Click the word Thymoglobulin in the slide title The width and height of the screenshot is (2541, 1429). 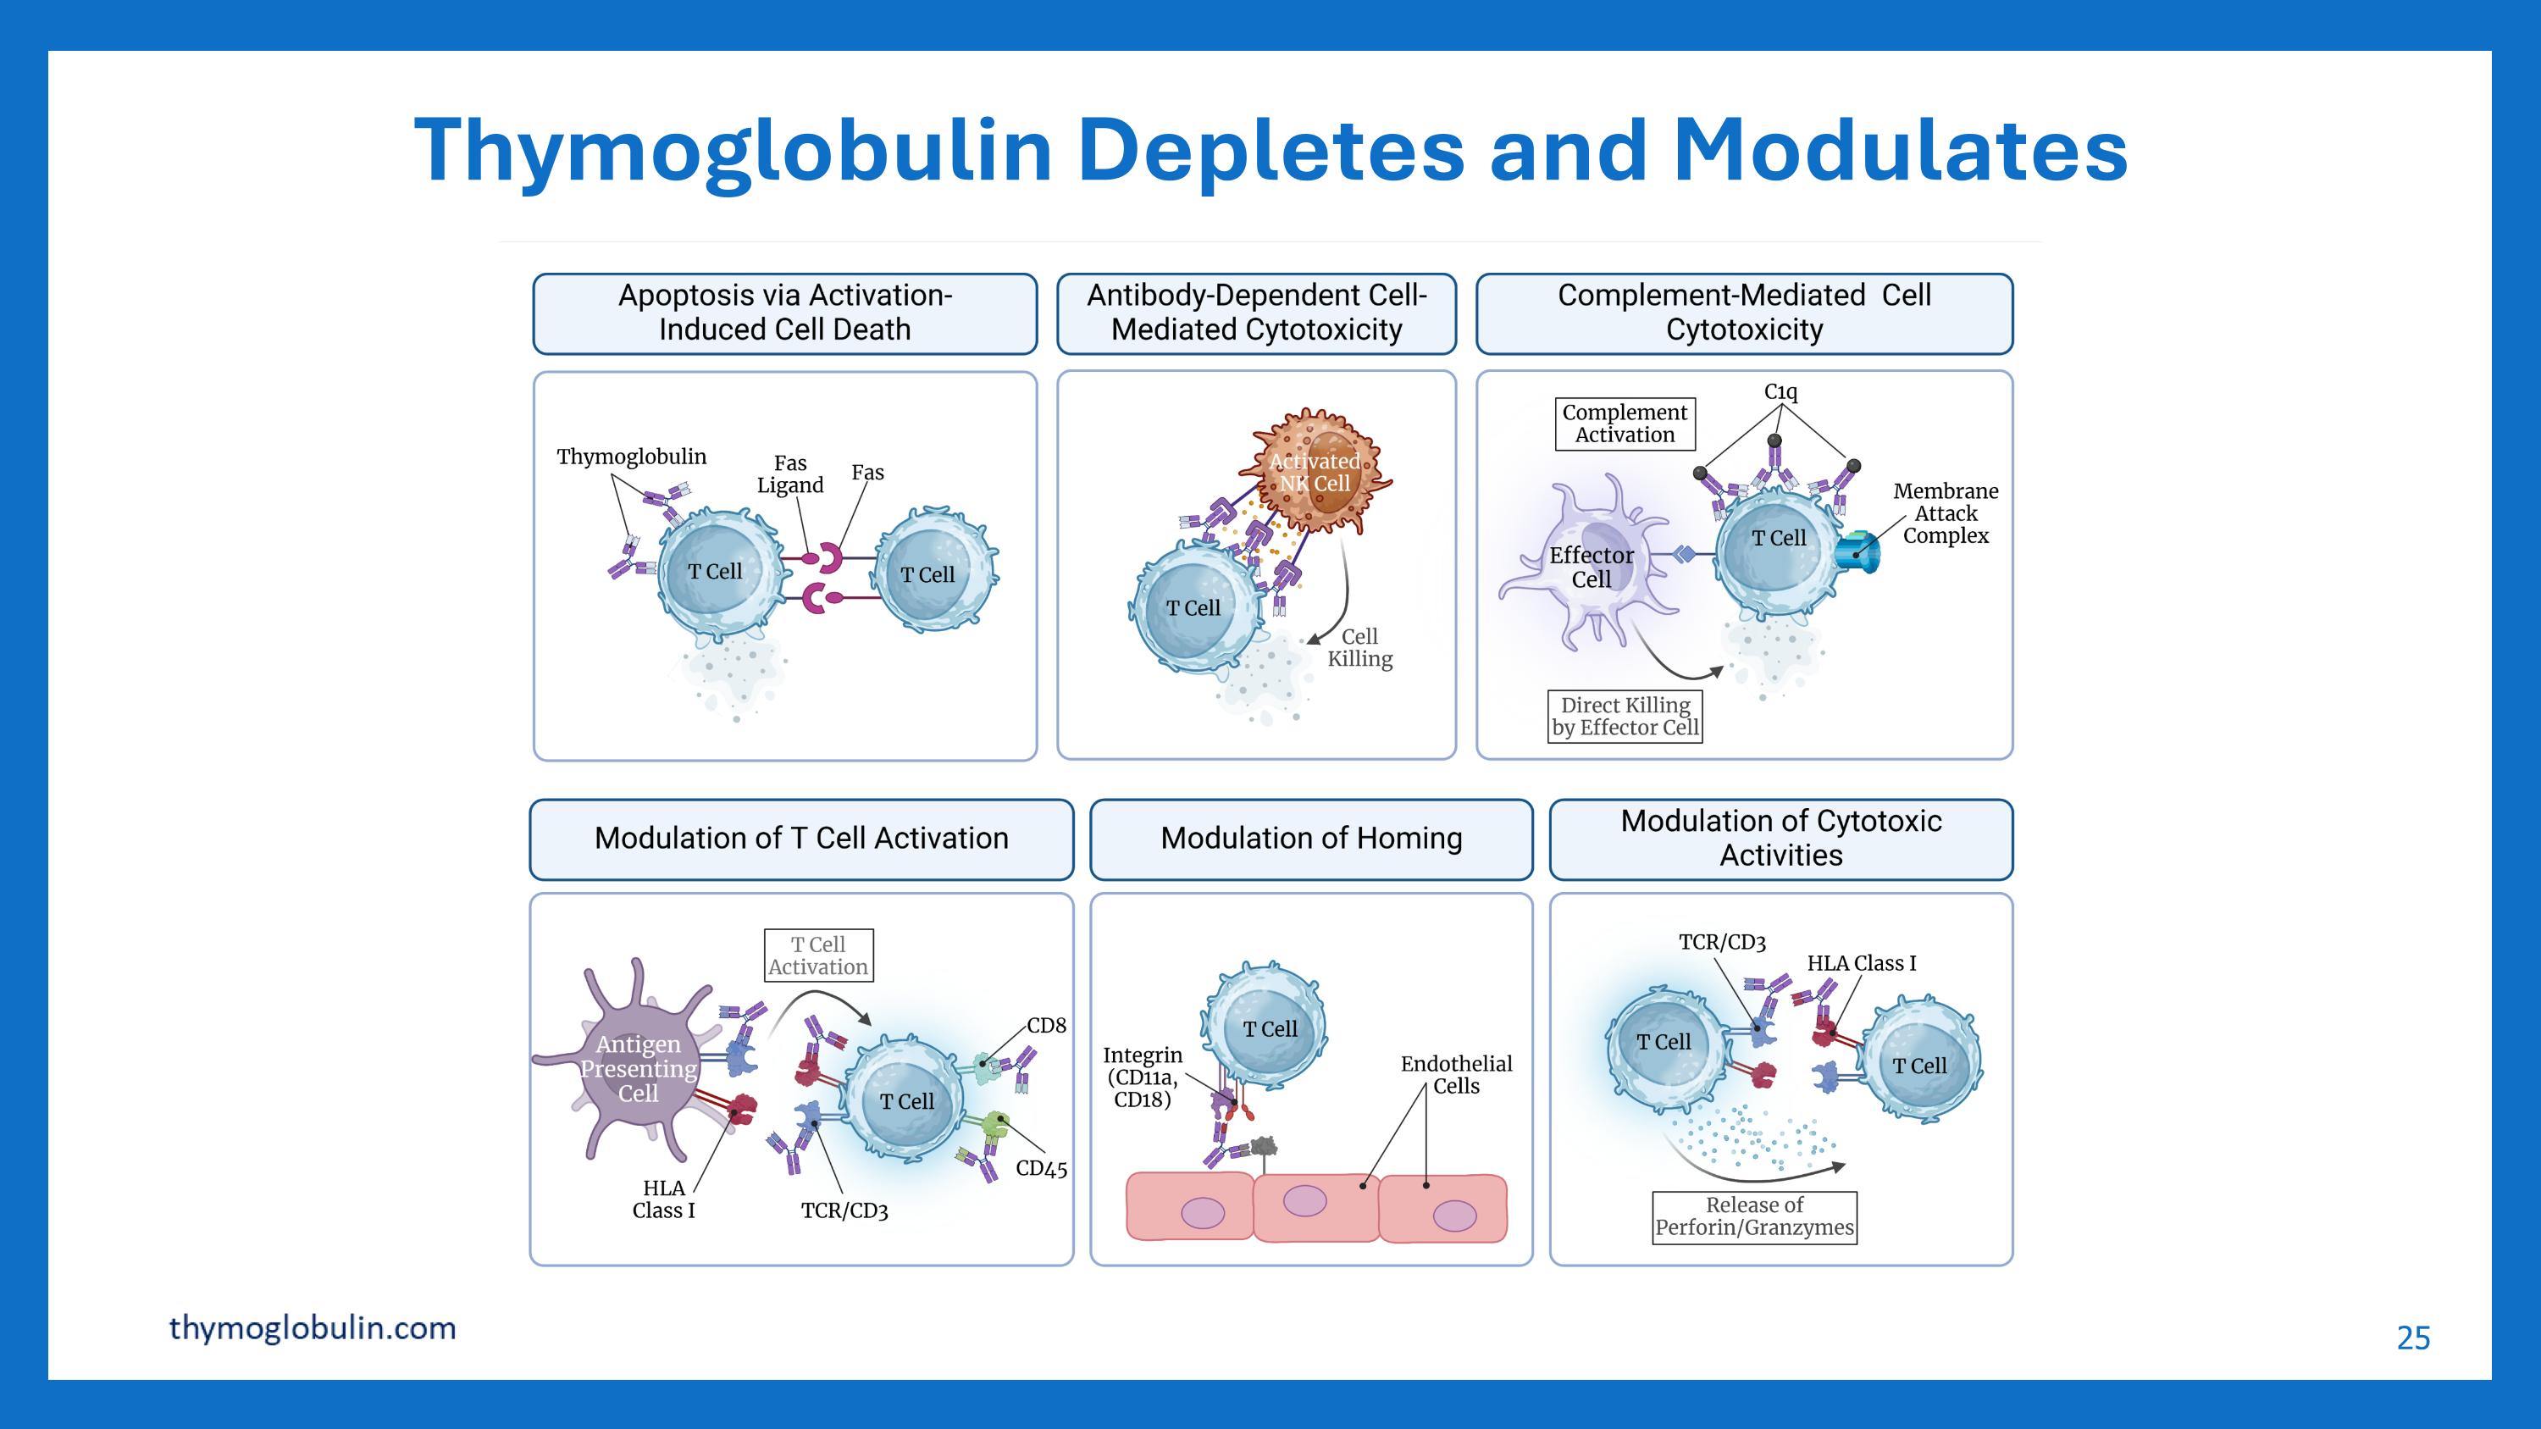click(733, 150)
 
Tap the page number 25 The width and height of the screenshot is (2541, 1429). click(2413, 1338)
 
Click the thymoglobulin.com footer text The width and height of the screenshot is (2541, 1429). click(312, 1327)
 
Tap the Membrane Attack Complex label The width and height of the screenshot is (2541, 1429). click(1946, 514)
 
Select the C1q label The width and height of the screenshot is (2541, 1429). click(1780, 391)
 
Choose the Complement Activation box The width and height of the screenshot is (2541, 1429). click(1625, 424)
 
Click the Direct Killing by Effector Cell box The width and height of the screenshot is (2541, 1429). click(1625, 717)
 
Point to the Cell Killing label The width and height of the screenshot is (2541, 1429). click(1359, 648)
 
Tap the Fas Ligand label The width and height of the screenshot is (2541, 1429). click(790, 474)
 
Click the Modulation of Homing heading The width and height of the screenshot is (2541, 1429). click(1311, 839)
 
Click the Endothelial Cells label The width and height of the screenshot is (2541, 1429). click(1456, 1075)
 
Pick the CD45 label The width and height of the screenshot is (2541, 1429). click(1041, 1169)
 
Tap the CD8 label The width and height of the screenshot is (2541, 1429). click(1045, 1026)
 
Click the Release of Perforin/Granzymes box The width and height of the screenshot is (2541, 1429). click(1754, 1217)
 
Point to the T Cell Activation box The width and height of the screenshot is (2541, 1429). click(817, 955)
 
